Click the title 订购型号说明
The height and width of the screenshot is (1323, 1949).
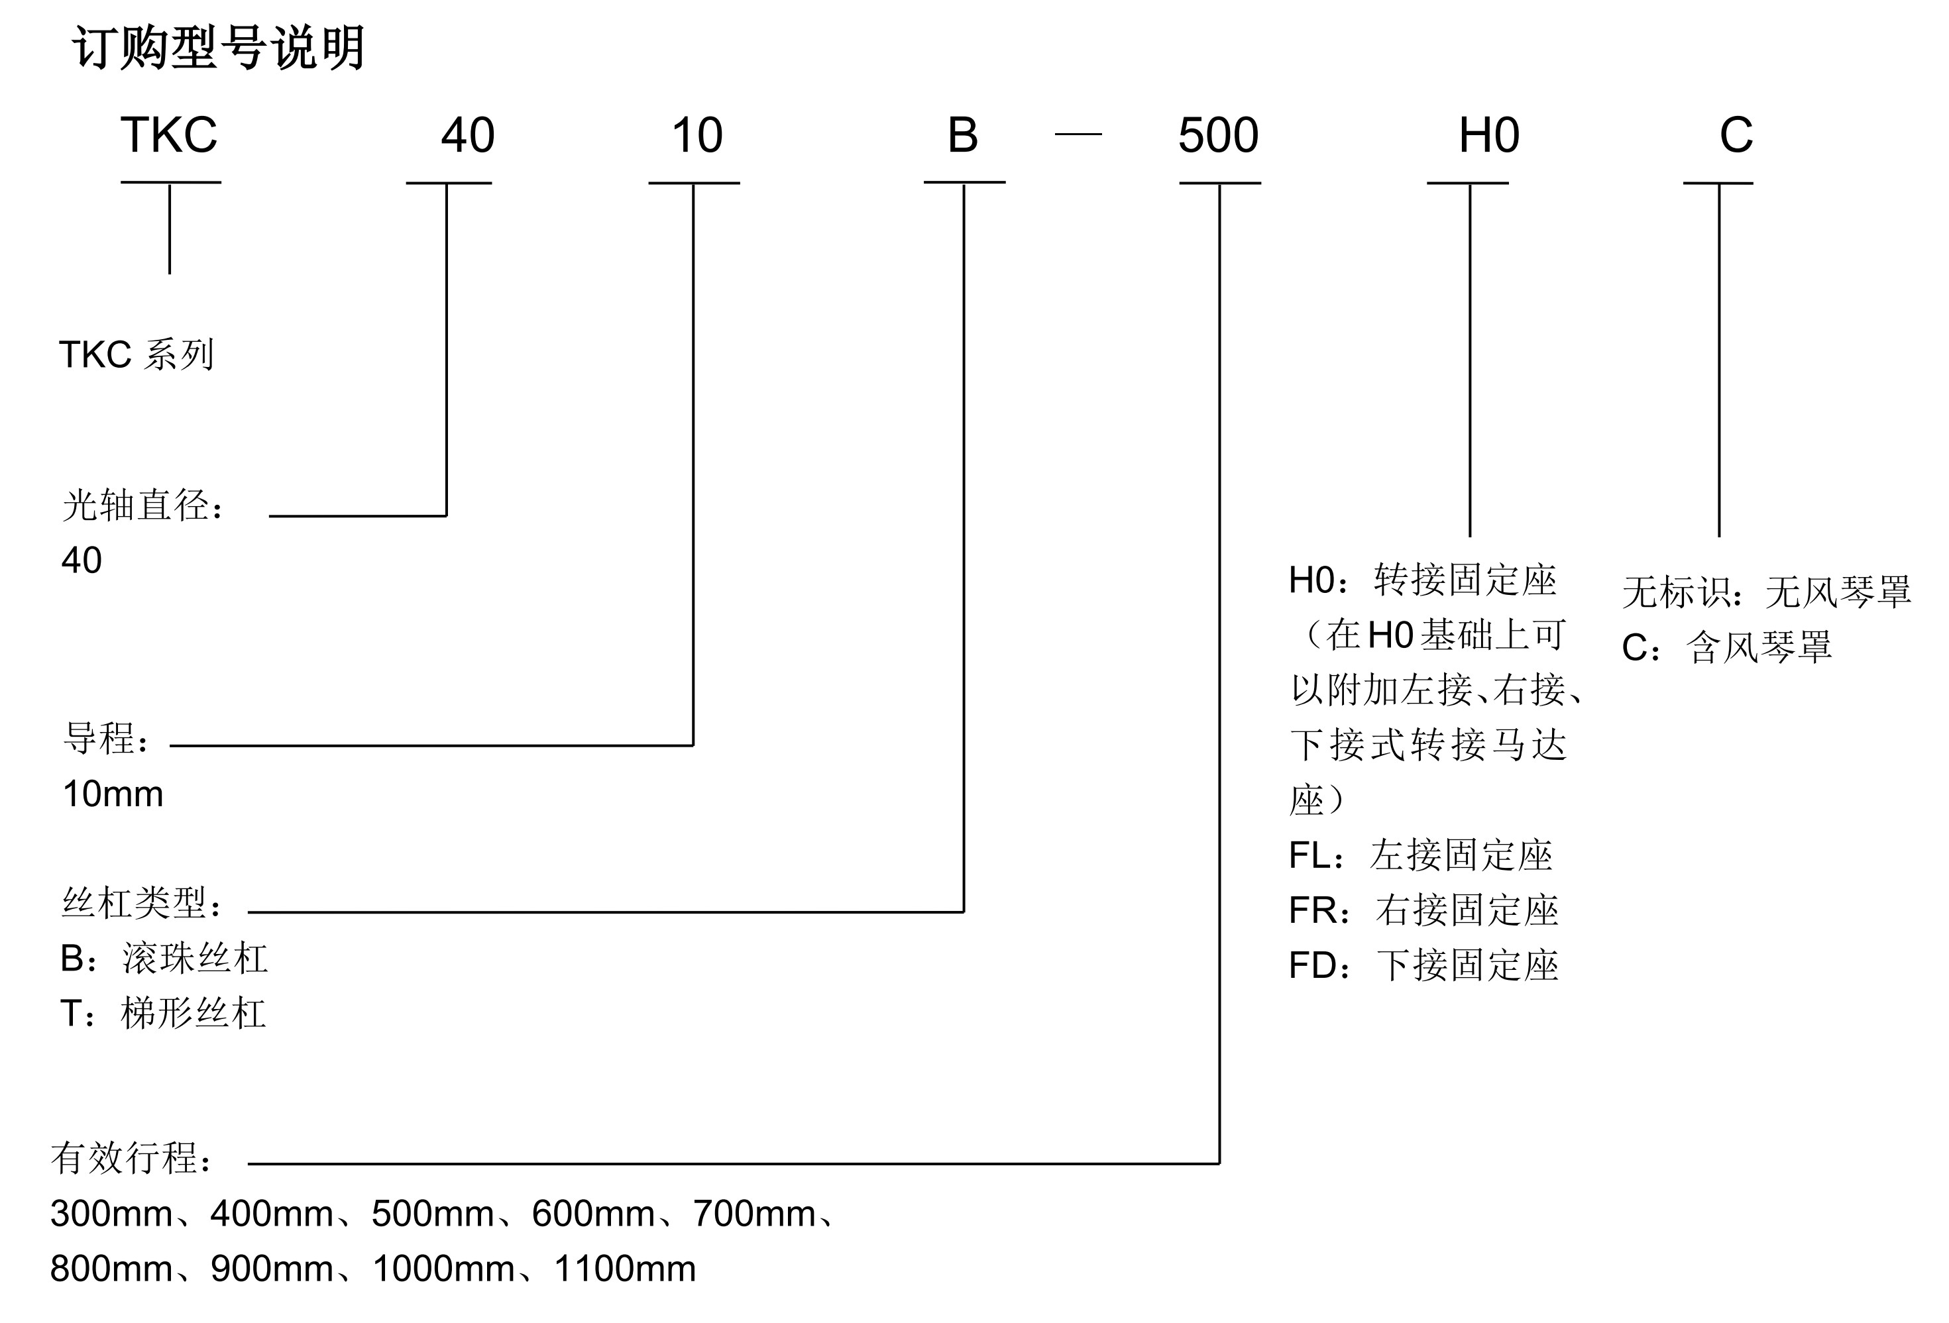point(218,48)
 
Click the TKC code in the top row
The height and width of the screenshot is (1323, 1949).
point(170,135)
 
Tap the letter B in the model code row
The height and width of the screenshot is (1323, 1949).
point(963,135)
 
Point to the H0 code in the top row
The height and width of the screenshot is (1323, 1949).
point(1488,135)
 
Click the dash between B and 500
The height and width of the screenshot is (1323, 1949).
point(1078,134)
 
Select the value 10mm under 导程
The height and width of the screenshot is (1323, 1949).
point(113,794)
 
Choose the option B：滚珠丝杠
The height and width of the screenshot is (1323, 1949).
point(164,958)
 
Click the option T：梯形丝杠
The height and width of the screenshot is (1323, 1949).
point(163,1013)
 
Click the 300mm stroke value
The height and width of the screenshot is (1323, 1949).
point(111,1213)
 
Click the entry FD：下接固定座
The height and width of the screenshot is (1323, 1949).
point(1423,965)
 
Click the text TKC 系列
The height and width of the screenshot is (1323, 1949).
point(137,354)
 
